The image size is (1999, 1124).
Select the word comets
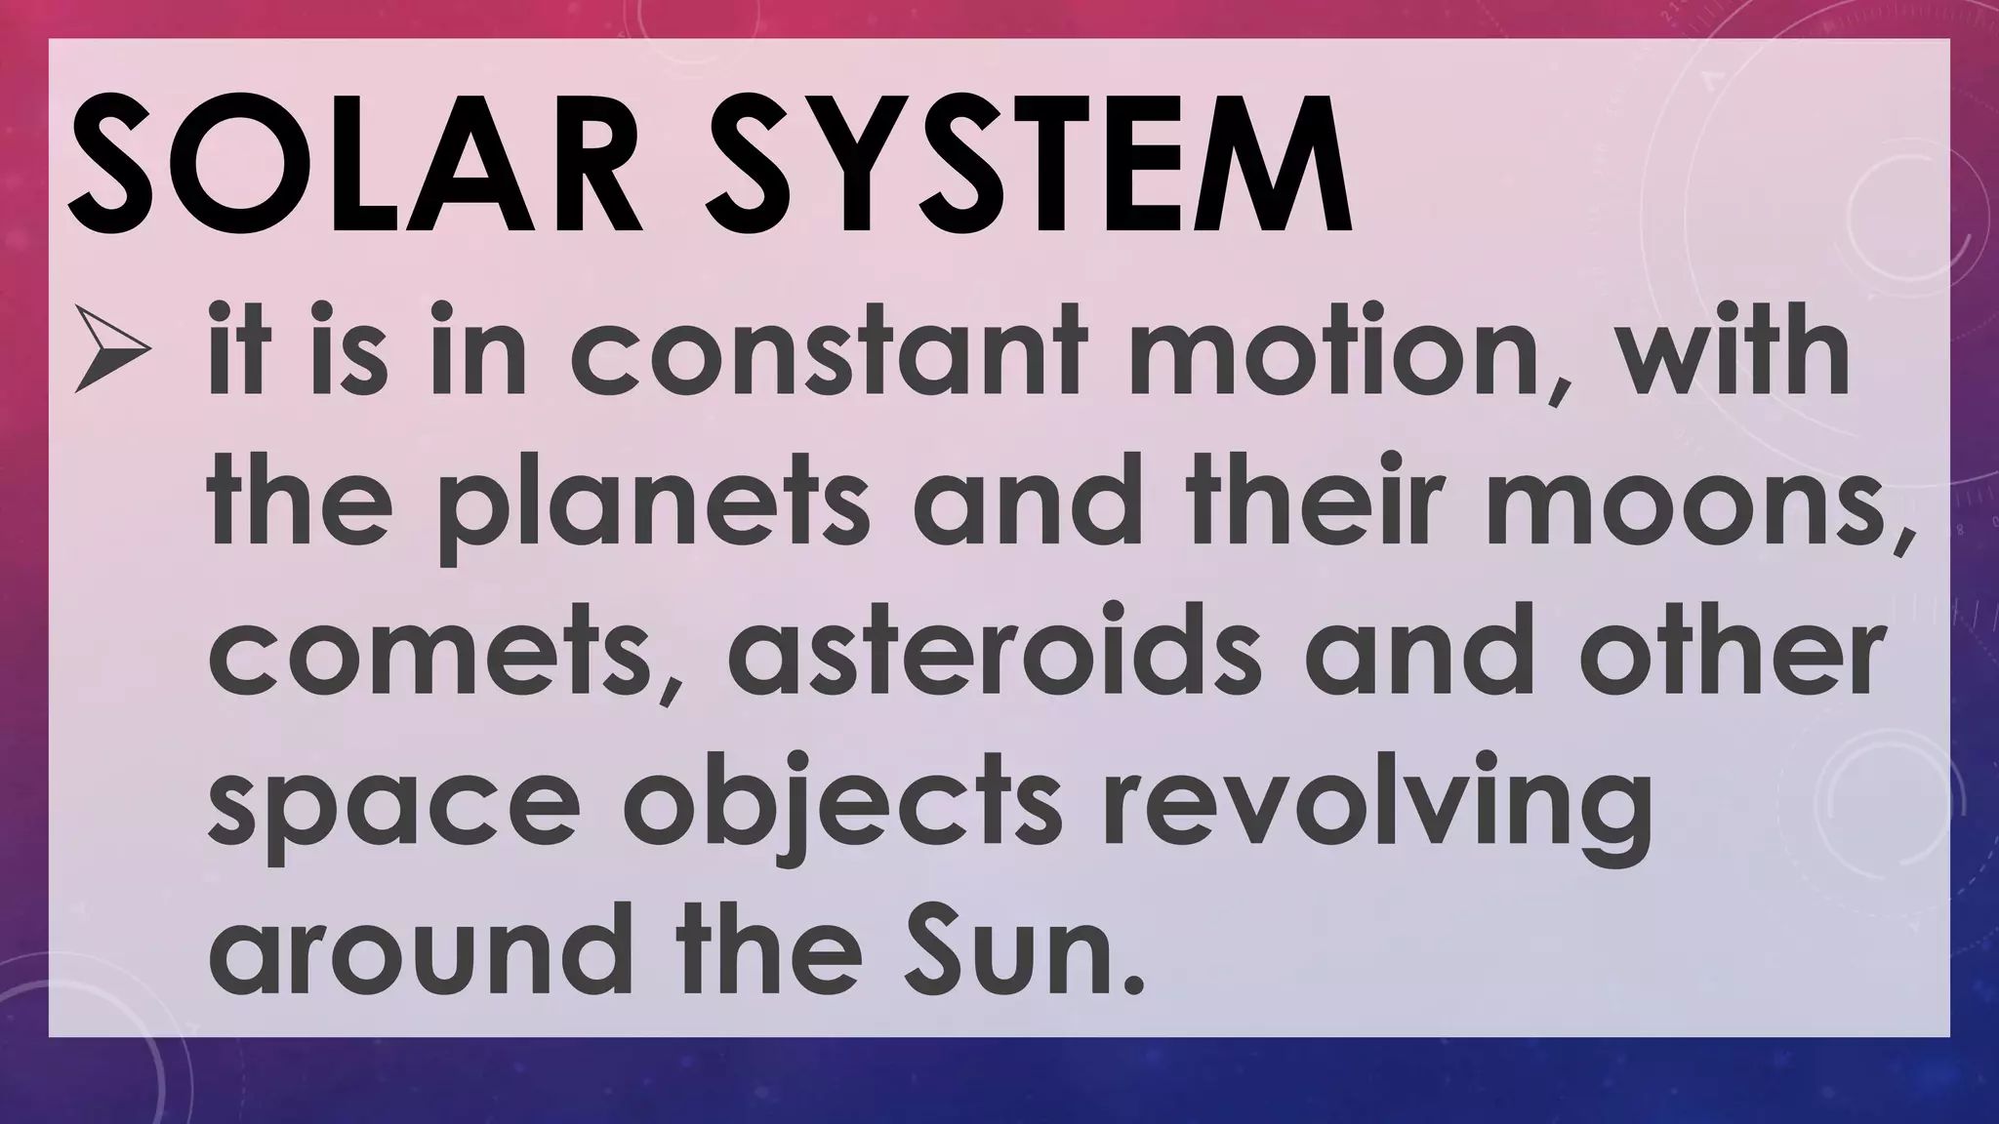pos(429,651)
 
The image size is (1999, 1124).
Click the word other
pos(1728,649)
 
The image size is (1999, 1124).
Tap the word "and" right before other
pos(1415,649)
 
